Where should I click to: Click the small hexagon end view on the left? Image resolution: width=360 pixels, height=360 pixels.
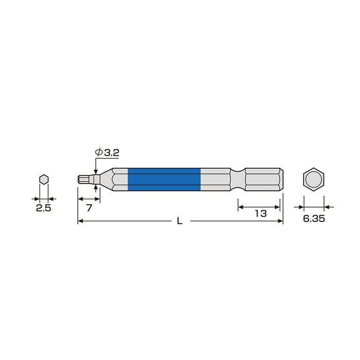tap(44, 179)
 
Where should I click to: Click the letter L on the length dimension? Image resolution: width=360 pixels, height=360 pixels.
tap(179, 222)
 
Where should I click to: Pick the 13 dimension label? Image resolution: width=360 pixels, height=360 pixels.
tap(260, 213)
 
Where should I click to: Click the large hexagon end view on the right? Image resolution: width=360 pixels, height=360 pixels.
tap(313, 179)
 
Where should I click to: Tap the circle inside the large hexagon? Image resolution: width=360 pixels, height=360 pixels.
tap(313, 179)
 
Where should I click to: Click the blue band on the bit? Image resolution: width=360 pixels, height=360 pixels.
tap(164, 179)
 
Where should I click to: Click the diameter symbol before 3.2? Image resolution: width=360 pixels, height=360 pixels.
tap(98, 153)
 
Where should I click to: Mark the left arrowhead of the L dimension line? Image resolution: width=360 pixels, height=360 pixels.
tap(80, 222)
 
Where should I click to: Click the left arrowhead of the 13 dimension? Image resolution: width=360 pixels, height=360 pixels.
tap(240, 207)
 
